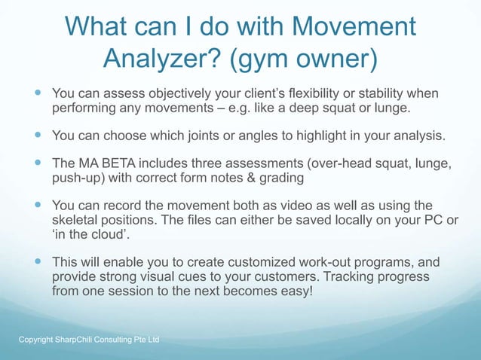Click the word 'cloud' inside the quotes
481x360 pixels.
tap(93, 236)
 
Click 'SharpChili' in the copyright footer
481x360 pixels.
tap(67, 340)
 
